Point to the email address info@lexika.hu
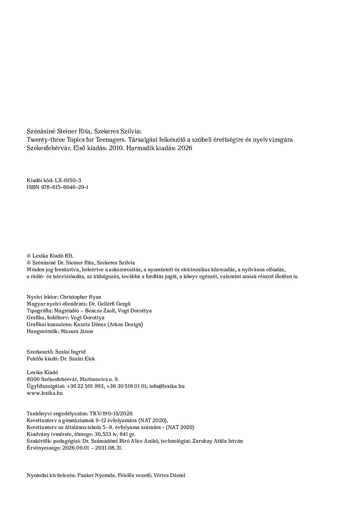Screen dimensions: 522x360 point(167,386)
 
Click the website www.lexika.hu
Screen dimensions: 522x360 point(45,393)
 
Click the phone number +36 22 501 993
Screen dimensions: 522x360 point(85,386)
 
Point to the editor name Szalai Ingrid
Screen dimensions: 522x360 point(70,352)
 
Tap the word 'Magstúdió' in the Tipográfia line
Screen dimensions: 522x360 point(67,311)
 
